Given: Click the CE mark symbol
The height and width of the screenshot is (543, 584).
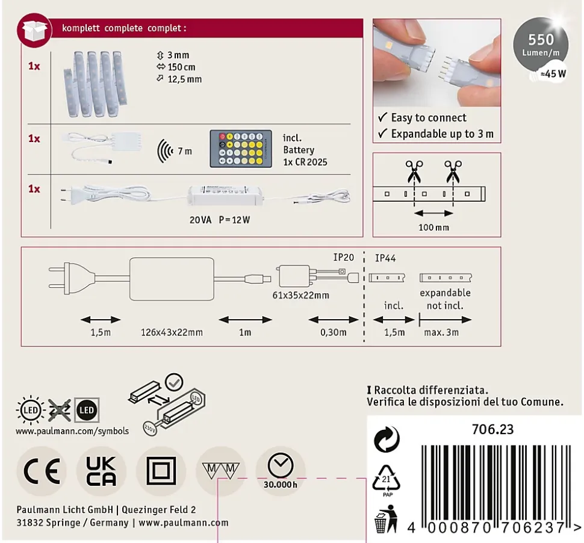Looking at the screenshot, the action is point(42,471).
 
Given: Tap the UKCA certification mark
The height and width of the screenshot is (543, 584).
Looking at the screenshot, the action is point(101,471).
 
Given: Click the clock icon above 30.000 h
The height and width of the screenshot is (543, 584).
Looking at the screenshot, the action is point(281,465).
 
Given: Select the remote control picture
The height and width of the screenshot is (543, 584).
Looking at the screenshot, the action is point(241,149).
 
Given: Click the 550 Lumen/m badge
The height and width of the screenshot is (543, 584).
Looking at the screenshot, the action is point(541,44).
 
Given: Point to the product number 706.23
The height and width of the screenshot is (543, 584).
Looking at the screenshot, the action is point(492,429).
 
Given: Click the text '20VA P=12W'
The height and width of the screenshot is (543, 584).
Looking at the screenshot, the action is point(220,220).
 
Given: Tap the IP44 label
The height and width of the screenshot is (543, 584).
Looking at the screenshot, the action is point(385,258).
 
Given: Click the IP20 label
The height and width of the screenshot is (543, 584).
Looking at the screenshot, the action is point(343,257).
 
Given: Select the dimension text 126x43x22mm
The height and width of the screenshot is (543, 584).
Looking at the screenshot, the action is point(172,332).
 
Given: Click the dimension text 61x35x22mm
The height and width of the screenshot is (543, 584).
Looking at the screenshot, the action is point(300,296).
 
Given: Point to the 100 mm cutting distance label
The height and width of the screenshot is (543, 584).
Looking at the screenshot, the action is point(433,227).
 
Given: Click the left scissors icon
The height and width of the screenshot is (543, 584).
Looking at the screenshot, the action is point(414,172).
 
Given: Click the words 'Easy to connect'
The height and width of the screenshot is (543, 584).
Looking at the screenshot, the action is point(429,117).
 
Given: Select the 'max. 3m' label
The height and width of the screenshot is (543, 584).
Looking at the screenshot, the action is point(441,332).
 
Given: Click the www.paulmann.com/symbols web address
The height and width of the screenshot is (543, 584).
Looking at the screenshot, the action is point(72,431).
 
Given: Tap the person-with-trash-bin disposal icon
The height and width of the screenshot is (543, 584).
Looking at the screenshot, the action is point(386,519).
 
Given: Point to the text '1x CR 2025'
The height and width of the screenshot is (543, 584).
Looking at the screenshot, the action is point(305,162).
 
